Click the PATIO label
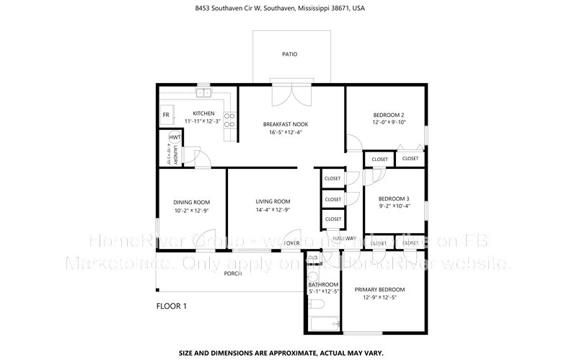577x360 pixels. coord(288,54)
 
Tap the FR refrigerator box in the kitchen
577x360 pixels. coord(166,115)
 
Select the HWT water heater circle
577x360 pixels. coord(175,138)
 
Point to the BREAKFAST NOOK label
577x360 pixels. coord(287,124)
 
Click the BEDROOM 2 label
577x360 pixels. coord(388,115)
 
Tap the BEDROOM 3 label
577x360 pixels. coord(394,198)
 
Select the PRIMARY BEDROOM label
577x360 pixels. coord(379,289)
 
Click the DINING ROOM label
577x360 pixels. coord(192,202)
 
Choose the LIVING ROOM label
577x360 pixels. coord(273,201)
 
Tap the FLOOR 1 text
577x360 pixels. coord(172,306)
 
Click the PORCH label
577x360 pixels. coord(232,274)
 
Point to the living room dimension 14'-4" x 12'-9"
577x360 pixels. coord(273,210)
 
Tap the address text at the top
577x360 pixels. coord(288,9)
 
